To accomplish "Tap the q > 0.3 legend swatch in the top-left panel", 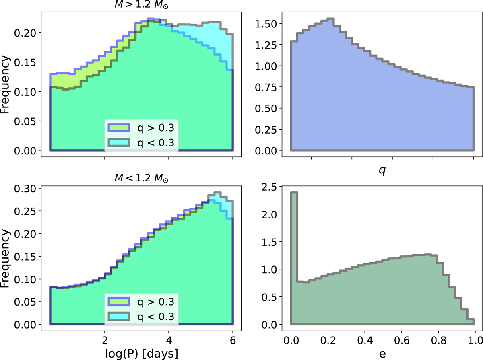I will [x=118, y=128].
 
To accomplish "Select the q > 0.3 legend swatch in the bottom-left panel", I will [x=118, y=301].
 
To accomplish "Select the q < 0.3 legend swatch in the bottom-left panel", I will [x=118, y=316].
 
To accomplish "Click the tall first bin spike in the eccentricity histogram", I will [x=294, y=241].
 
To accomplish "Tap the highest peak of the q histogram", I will [x=331, y=19].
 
